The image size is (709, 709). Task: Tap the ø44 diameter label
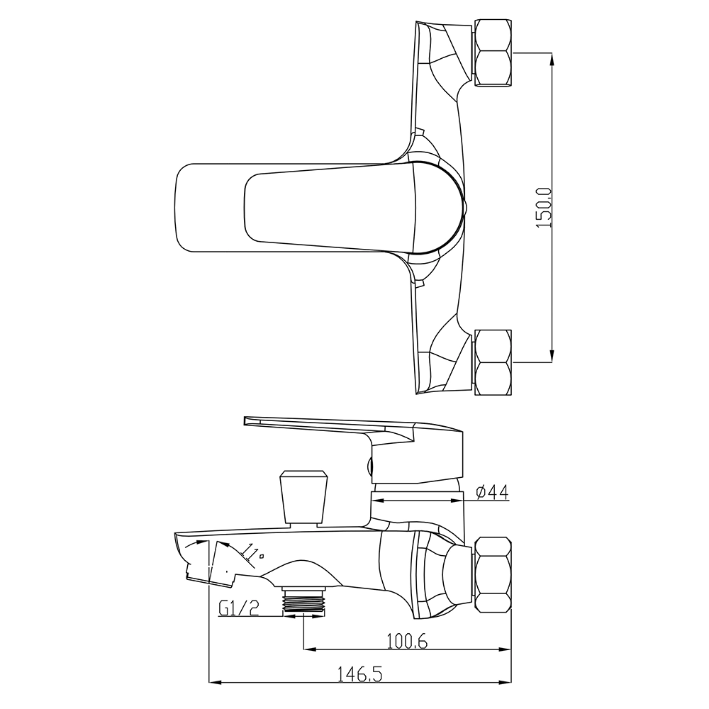tap(493, 491)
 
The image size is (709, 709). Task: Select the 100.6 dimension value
tap(407, 641)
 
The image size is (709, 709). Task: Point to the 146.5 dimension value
tap(360, 675)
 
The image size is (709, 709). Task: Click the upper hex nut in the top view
tap(493, 51)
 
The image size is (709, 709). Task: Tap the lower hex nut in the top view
tap(493, 362)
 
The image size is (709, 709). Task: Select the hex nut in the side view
tap(493, 575)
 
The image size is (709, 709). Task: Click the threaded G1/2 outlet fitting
tap(303, 601)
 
